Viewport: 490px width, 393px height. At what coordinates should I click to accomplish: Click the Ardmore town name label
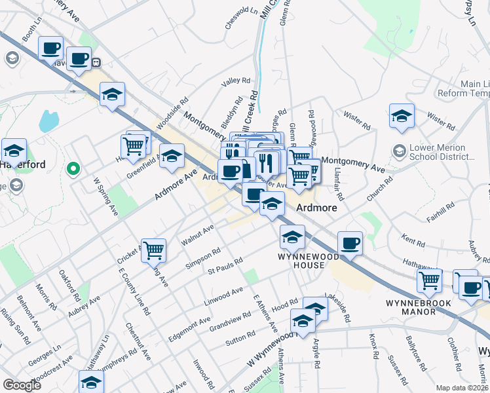316,208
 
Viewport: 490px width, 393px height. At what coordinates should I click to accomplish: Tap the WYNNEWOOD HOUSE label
301,261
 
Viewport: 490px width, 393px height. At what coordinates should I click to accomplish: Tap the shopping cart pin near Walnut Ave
153,250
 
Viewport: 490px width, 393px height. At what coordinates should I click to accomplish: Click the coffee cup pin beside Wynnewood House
350,243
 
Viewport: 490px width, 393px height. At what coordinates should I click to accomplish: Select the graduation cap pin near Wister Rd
402,116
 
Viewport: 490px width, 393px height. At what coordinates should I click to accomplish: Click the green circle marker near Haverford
73,170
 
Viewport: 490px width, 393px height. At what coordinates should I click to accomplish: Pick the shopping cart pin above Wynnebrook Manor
429,281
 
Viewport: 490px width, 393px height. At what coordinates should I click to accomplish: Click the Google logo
22,385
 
